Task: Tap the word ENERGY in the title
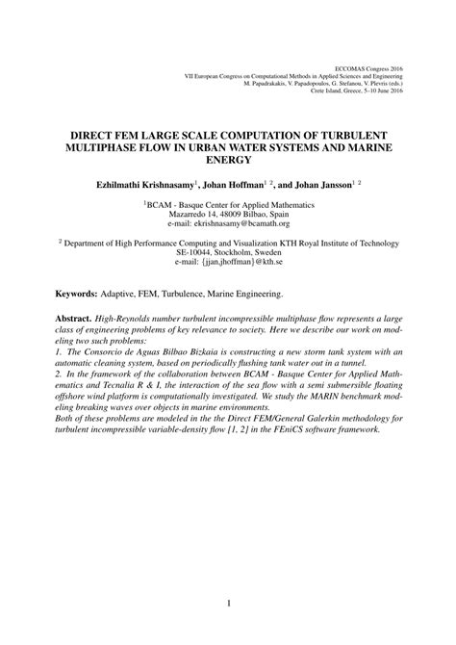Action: (227, 138)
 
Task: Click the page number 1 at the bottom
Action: (228, 604)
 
